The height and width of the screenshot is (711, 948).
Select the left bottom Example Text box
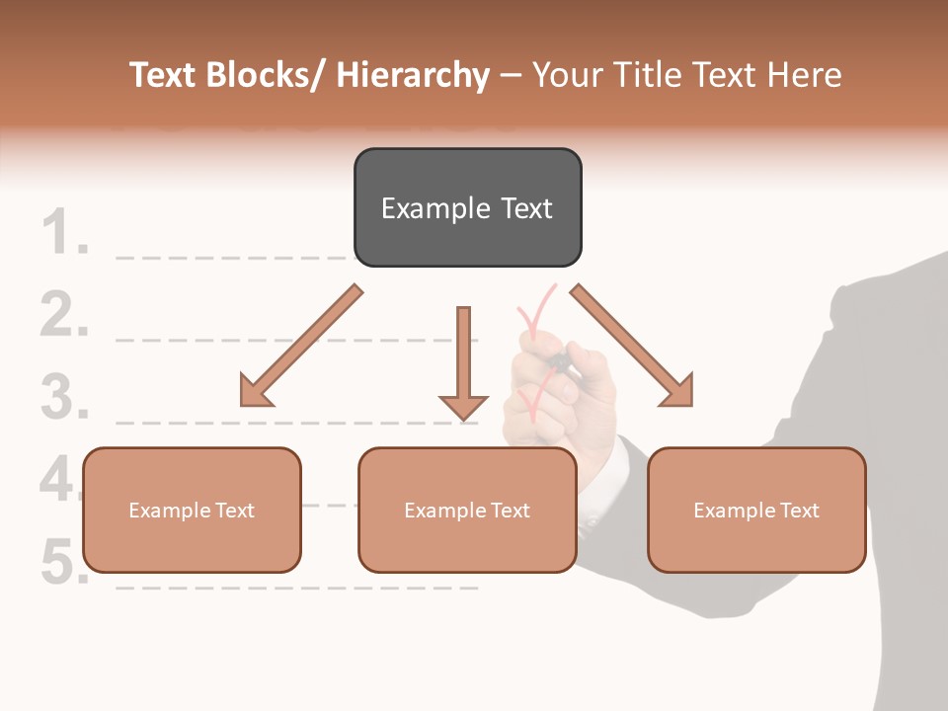[192, 511]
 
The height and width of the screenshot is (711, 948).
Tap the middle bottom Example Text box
[467, 511]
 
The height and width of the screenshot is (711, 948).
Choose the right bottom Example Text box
[756, 511]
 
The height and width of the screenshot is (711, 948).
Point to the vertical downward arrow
[463, 365]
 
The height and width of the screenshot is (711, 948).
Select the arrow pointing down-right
[633, 347]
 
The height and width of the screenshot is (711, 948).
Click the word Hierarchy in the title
[413, 75]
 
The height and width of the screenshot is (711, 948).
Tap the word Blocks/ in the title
[263, 75]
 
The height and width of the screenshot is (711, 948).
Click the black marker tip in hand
[560, 359]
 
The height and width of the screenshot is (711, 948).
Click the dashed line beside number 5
[296, 588]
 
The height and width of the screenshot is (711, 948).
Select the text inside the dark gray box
[467, 208]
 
